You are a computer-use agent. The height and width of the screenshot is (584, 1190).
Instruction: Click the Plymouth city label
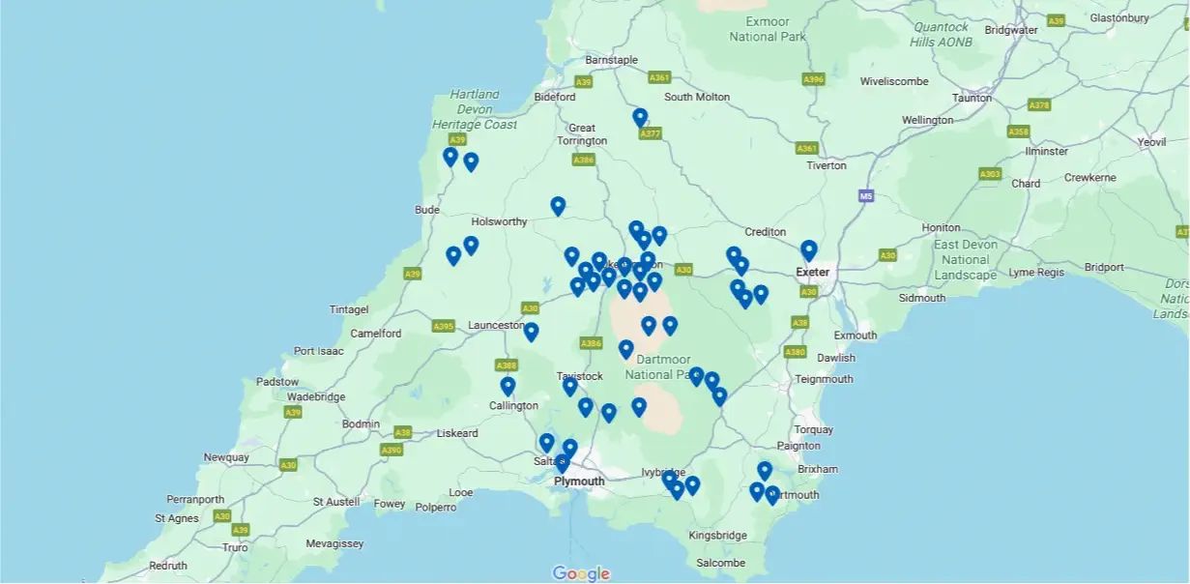tap(579, 482)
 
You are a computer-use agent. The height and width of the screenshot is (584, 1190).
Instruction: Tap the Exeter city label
tap(813, 272)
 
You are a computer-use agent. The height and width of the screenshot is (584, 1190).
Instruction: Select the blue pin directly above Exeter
tap(809, 250)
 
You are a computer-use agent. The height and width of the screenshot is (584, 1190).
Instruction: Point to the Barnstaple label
tap(612, 60)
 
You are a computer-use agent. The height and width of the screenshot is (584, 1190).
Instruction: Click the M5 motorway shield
tap(865, 196)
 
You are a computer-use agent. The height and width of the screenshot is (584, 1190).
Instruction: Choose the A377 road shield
tap(651, 133)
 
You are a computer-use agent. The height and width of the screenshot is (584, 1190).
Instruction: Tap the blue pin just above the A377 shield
tap(640, 117)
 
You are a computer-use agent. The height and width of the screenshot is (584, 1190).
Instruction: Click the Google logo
tap(581, 573)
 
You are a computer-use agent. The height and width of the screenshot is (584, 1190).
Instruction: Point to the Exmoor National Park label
tap(767, 29)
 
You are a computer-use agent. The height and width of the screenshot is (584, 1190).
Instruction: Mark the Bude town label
tap(426, 209)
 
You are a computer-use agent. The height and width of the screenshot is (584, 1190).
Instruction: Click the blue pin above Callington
tap(508, 386)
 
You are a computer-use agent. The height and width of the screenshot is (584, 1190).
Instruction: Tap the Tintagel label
tap(349, 309)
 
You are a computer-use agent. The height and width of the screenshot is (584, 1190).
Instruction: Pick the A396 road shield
tap(814, 79)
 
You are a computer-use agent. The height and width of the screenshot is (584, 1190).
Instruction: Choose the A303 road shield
tap(989, 174)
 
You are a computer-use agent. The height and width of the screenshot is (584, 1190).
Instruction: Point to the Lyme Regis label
tap(1036, 273)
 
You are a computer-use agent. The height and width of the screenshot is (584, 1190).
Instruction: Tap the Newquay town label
tap(226, 457)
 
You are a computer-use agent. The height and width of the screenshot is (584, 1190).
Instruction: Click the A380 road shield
tap(795, 352)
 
